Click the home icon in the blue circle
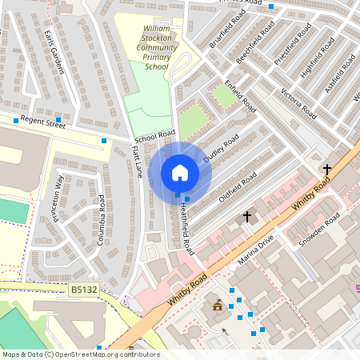pyautogui.click(x=180, y=173)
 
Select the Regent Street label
pyautogui.click(x=42, y=122)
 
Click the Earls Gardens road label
pyautogui.click(x=55, y=54)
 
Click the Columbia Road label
pyautogui.click(x=102, y=218)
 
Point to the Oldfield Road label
pyautogui.click(x=238, y=186)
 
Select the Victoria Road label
pyautogui.click(x=301, y=109)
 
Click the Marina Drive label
pyautogui.click(x=256, y=250)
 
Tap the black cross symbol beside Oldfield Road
pyautogui.click(x=247, y=216)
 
